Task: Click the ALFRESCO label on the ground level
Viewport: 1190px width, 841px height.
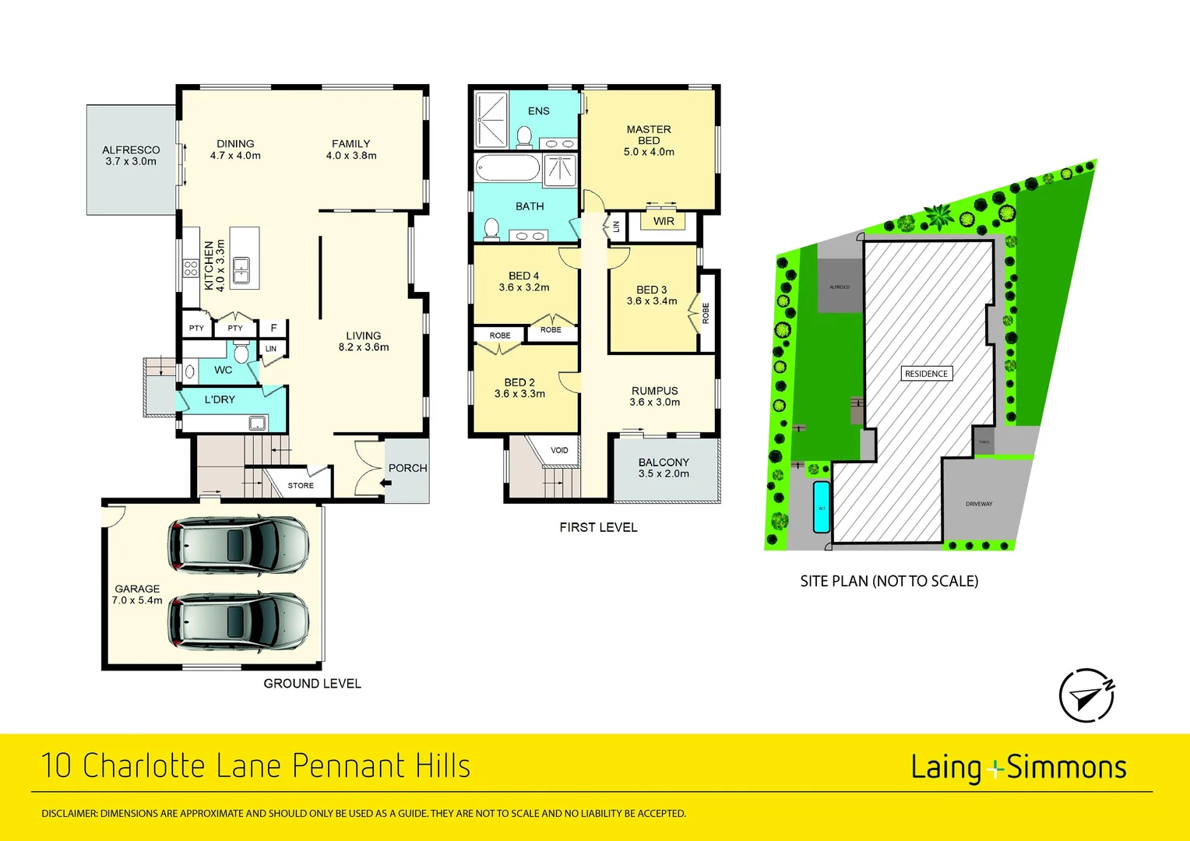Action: (131, 156)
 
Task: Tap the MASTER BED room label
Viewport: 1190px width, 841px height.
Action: (649, 141)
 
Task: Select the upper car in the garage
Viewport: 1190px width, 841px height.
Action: (238, 544)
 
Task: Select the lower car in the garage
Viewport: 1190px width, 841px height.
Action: (238, 621)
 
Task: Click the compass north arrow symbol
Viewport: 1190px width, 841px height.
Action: (1086, 695)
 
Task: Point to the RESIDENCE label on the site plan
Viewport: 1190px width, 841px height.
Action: (926, 374)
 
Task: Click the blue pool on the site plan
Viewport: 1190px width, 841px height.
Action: (821, 507)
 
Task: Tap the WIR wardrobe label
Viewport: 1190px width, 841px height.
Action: (664, 221)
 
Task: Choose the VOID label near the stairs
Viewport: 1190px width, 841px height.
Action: (559, 450)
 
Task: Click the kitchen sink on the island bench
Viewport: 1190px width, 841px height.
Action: (241, 269)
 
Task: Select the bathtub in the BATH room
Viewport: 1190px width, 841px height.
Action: (507, 168)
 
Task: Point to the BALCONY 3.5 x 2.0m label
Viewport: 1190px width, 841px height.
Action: (664, 468)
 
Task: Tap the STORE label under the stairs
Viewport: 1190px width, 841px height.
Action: (301, 485)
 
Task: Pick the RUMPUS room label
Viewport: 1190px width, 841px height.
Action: (654, 396)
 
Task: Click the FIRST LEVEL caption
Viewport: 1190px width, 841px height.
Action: (598, 527)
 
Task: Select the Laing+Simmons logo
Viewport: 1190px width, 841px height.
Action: (1018, 768)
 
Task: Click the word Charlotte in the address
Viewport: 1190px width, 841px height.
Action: (145, 765)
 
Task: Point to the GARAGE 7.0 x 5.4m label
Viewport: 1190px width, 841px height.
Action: (137, 595)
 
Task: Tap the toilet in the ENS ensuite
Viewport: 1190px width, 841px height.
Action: (524, 138)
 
